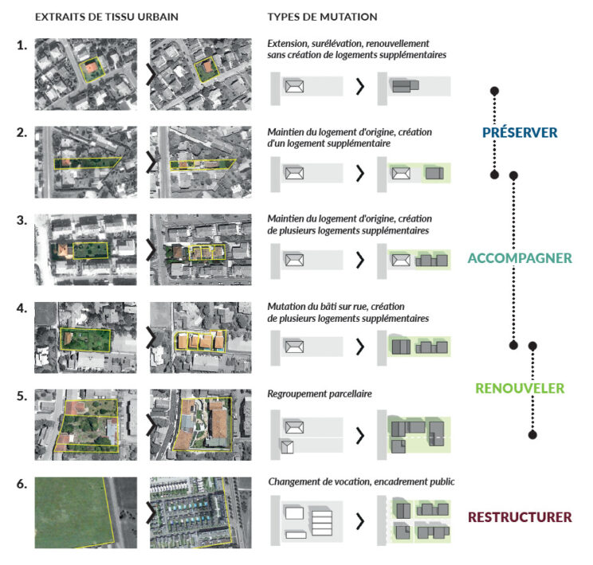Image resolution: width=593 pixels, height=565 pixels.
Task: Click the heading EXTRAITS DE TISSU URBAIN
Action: coord(107,17)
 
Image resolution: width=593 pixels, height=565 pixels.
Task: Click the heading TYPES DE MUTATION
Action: coord(322,17)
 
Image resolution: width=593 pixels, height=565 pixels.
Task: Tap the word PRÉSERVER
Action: coord(519,132)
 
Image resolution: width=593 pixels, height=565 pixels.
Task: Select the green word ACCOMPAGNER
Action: coord(520,258)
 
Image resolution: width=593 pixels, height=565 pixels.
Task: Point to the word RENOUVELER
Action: coord(520,389)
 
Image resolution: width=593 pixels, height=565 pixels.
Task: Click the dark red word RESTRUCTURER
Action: coord(520,517)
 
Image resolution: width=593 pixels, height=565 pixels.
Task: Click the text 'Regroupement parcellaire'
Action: coord(319,394)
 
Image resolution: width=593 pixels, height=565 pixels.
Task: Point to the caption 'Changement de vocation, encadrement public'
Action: coord(361,481)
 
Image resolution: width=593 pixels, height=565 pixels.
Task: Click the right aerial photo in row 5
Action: coord(200,422)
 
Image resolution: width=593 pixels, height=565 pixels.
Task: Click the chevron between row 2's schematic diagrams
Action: coord(360,172)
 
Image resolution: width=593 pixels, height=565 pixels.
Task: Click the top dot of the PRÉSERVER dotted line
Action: coord(494,90)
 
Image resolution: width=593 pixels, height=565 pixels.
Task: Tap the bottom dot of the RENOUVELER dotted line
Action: coord(532,434)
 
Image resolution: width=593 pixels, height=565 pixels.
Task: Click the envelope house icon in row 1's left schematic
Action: coord(294,85)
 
